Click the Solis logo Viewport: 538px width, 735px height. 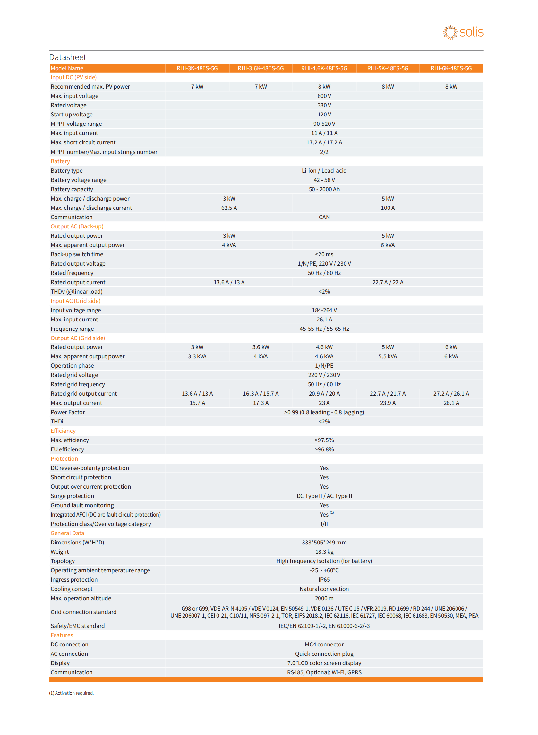pyautogui.click(x=463, y=32)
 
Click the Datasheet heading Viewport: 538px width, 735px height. pyautogui.click(x=68, y=57)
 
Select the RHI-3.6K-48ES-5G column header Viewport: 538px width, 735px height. pyautogui.click(x=260, y=68)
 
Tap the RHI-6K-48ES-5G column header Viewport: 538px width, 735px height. pyautogui.click(x=451, y=68)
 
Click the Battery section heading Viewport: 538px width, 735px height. pyautogui.click(x=60, y=161)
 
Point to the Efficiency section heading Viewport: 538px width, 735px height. pyautogui.click(x=63, y=431)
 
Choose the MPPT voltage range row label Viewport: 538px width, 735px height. pyautogui.click(x=76, y=124)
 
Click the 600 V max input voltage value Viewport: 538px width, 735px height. pyautogui.click(x=324, y=96)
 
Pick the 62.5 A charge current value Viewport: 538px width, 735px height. pyautogui.click(x=229, y=208)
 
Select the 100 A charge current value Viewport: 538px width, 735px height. pyautogui.click(x=388, y=208)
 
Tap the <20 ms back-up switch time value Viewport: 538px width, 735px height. pyautogui.click(x=324, y=254)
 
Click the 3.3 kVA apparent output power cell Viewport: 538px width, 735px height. pyautogui.click(x=197, y=356)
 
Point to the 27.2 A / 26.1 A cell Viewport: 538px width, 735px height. pyautogui.click(x=451, y=393)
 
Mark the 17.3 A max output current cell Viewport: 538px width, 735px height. pyautogui.click(x=260, y=403)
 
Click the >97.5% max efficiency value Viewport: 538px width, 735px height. pyautogui.click(x=324, y=440)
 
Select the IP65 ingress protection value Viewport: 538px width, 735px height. pyautogui.click(x=324, y=580)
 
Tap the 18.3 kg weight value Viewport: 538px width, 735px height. pyautogui.click(x=324, y=552)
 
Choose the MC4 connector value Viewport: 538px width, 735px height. pyautogui.click(x=324, y=645)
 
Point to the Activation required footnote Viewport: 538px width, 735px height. pyautogui.click(x=72, y=693)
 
